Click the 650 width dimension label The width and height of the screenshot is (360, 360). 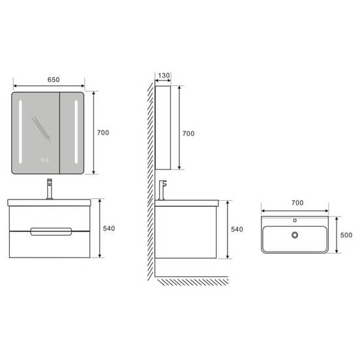click(53, 80)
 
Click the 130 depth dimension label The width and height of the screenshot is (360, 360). click(164, 75)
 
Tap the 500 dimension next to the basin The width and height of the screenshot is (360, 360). click(346, 235)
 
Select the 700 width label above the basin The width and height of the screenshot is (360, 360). click(297, 203)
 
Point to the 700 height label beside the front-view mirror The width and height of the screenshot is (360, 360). click(103, 132)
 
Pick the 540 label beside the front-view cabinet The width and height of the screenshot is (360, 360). click(109, 228)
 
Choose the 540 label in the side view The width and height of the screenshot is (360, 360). click(237, 229)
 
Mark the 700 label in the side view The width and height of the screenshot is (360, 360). click(188, 134)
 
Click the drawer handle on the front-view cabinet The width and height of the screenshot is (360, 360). click(51, 232)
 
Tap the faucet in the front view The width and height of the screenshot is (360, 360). click(50, 188)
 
